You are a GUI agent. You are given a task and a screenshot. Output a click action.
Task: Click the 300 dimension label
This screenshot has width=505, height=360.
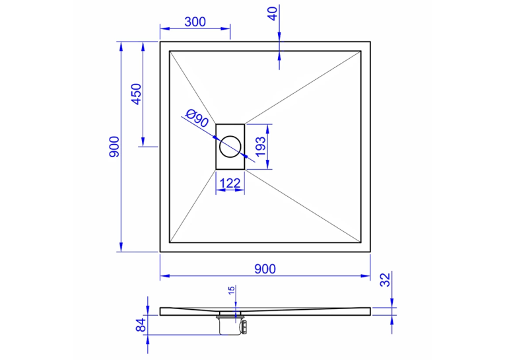coord(195,22)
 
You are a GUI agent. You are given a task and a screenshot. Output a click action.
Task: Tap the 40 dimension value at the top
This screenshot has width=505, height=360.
coord(273,14)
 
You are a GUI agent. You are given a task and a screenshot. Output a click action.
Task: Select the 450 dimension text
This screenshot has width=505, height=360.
coord(137,94)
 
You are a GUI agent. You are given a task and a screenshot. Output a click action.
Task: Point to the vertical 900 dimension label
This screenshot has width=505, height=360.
coord(114,147)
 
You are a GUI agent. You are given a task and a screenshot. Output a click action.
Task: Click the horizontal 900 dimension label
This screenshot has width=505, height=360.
coord(265,269)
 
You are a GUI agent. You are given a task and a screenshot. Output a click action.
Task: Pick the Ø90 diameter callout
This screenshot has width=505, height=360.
coord(197,118)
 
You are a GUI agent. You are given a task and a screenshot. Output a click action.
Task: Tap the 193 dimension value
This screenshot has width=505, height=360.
coord(260,147)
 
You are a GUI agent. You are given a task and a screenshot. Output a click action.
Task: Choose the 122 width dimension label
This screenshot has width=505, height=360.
coord(230,184)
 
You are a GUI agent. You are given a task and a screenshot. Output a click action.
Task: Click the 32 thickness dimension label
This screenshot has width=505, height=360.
coord(386,279)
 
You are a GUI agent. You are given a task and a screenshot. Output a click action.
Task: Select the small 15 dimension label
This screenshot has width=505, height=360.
coord(232,291)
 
